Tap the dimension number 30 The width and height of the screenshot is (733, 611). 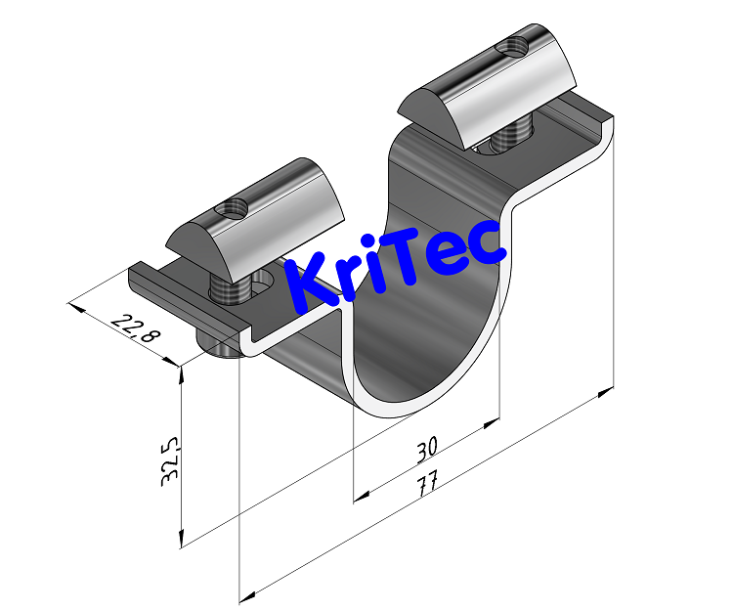click(x=426, y=448)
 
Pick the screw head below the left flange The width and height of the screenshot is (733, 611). click(x=218, y=345)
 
